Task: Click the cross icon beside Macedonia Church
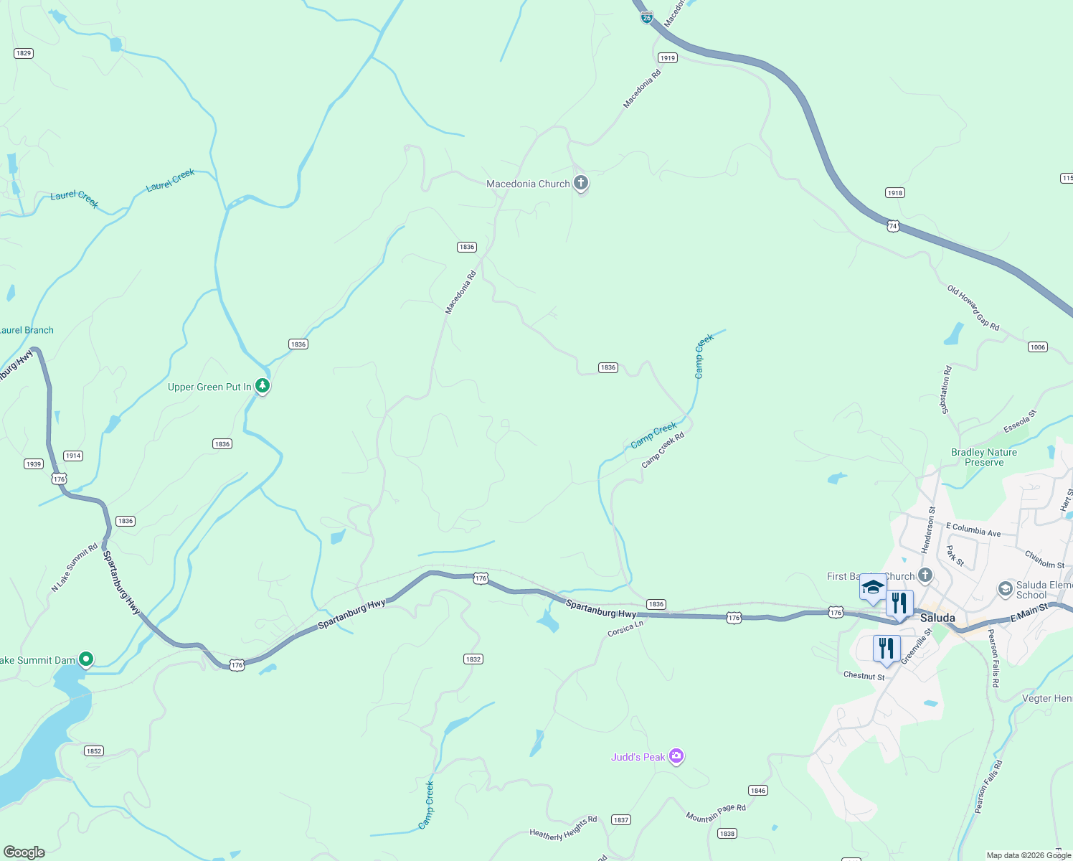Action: coord(581,184)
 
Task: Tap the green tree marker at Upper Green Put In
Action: coord(263,386)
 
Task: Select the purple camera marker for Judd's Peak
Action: coord(676,756)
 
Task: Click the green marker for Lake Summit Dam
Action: coord(86,659)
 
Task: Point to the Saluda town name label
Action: coord(937,618)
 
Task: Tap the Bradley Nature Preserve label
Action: coord(983,457)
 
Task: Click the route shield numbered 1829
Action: coord(24,53)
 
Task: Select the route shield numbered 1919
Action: coord(668,58)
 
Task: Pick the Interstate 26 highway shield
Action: coord(647,17)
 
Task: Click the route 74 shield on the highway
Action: coord(893,225)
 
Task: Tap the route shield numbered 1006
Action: coord(1038,347)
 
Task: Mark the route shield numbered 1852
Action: coord(94,751)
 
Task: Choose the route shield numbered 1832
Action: coord(473,659)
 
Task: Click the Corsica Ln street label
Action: coord(625,629)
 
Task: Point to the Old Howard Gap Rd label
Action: coord(973,308)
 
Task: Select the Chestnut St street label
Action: coord(864,676)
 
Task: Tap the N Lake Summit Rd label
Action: coord(75,568)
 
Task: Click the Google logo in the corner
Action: coord(24,852)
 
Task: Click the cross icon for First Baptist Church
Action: coord(925,575)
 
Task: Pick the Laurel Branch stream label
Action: coord(27,330)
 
